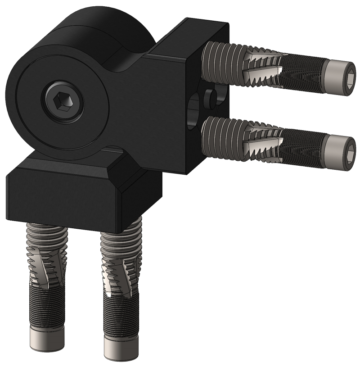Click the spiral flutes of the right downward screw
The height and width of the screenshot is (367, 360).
tap(119, 279)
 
